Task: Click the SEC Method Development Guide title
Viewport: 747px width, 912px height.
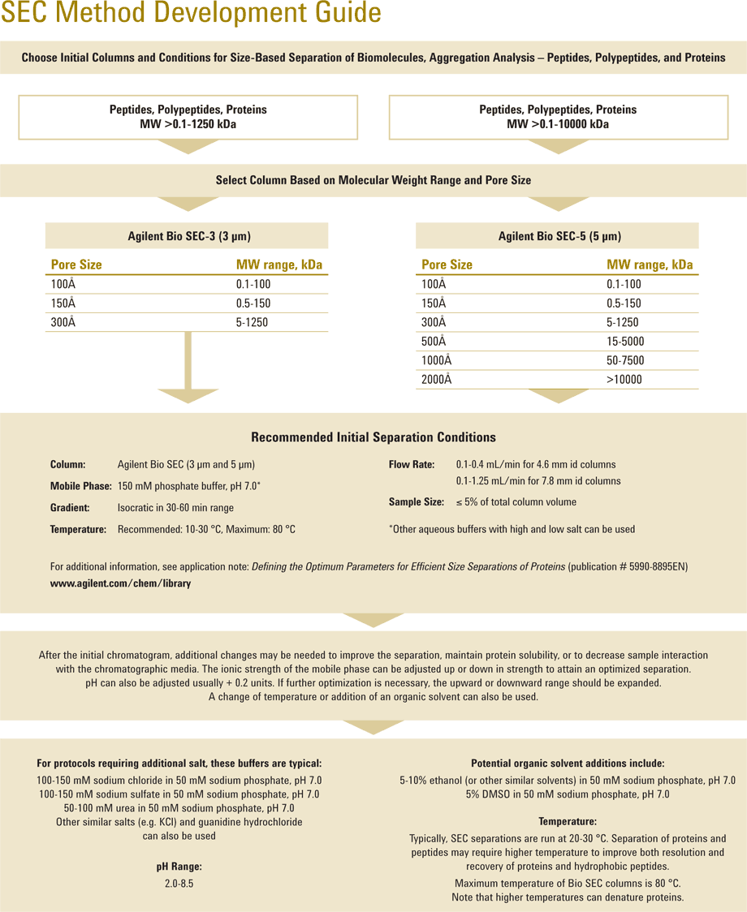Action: pos(191,14)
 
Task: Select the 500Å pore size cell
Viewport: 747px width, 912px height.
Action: pos(434,342)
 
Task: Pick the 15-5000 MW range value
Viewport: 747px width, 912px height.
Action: pos(625,342)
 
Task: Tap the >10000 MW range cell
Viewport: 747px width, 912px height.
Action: pos(624,380)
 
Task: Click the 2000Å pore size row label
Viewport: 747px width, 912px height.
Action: pos(437,380)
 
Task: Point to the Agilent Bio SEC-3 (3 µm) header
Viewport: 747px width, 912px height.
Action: pos(188,236)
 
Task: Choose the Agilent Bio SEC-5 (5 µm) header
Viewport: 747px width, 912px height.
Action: pos(559,236)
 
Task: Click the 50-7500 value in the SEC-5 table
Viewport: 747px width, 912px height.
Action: pos(625,361)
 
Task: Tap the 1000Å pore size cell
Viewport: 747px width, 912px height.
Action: pos(437,361)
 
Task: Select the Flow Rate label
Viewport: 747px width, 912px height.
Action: pos(412,465)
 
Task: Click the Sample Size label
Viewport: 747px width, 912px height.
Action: pos(417,502)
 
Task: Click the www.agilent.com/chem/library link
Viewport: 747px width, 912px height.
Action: pos(120,583)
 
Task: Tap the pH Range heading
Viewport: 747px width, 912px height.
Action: pos(179,867)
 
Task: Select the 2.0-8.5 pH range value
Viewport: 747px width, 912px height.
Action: pos(179,883)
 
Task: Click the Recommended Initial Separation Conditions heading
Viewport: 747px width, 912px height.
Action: pos(373,437)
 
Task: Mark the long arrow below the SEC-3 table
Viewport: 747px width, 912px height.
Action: pos(188,369)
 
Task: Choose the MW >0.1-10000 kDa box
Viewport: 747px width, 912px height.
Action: pos(558,117)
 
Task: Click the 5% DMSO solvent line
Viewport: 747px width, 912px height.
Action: pos(568,795)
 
